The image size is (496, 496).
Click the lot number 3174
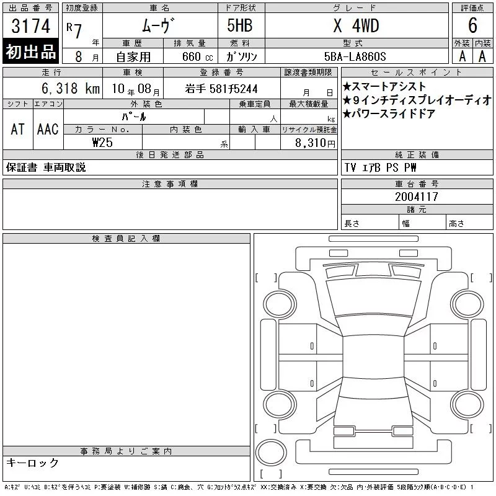(x=30, y=26)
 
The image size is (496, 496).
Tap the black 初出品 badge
(x=30, y=51)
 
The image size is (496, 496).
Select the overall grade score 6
(x=472, y=25)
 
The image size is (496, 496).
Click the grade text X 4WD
(x=356, y=25)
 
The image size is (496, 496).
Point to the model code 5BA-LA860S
(x=355, y=56)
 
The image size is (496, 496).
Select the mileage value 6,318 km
(x=71, y=89)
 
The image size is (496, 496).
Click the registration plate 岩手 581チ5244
(x=221, y=89)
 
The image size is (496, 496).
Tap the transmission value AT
(x=18, y=129)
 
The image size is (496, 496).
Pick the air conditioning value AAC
(x=48, y=129)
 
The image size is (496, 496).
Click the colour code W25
(x=102, y=143)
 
